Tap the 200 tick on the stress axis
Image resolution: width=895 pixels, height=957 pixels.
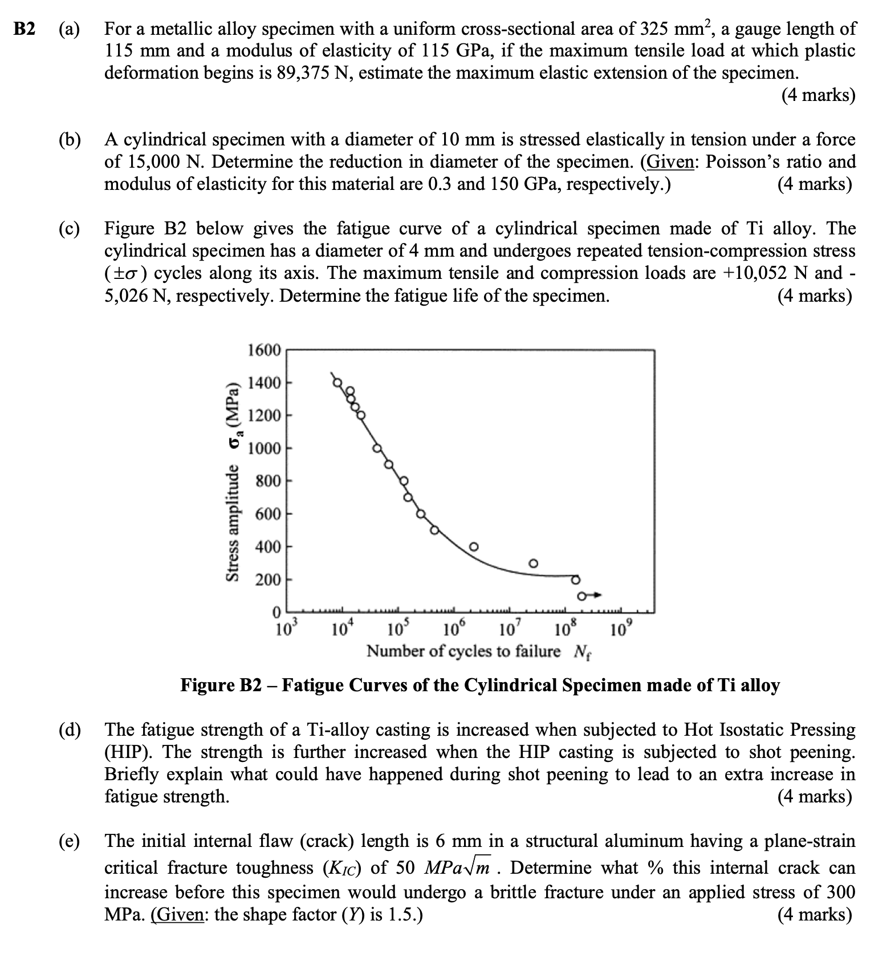268,580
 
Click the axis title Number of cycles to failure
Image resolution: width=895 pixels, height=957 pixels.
463,651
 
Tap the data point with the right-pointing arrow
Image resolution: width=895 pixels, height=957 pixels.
581,597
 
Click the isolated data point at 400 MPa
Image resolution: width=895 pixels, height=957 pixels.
473,547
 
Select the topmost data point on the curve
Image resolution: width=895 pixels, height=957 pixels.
337,382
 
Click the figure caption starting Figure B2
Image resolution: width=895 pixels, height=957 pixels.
479,684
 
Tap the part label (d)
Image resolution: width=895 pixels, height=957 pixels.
69,730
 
